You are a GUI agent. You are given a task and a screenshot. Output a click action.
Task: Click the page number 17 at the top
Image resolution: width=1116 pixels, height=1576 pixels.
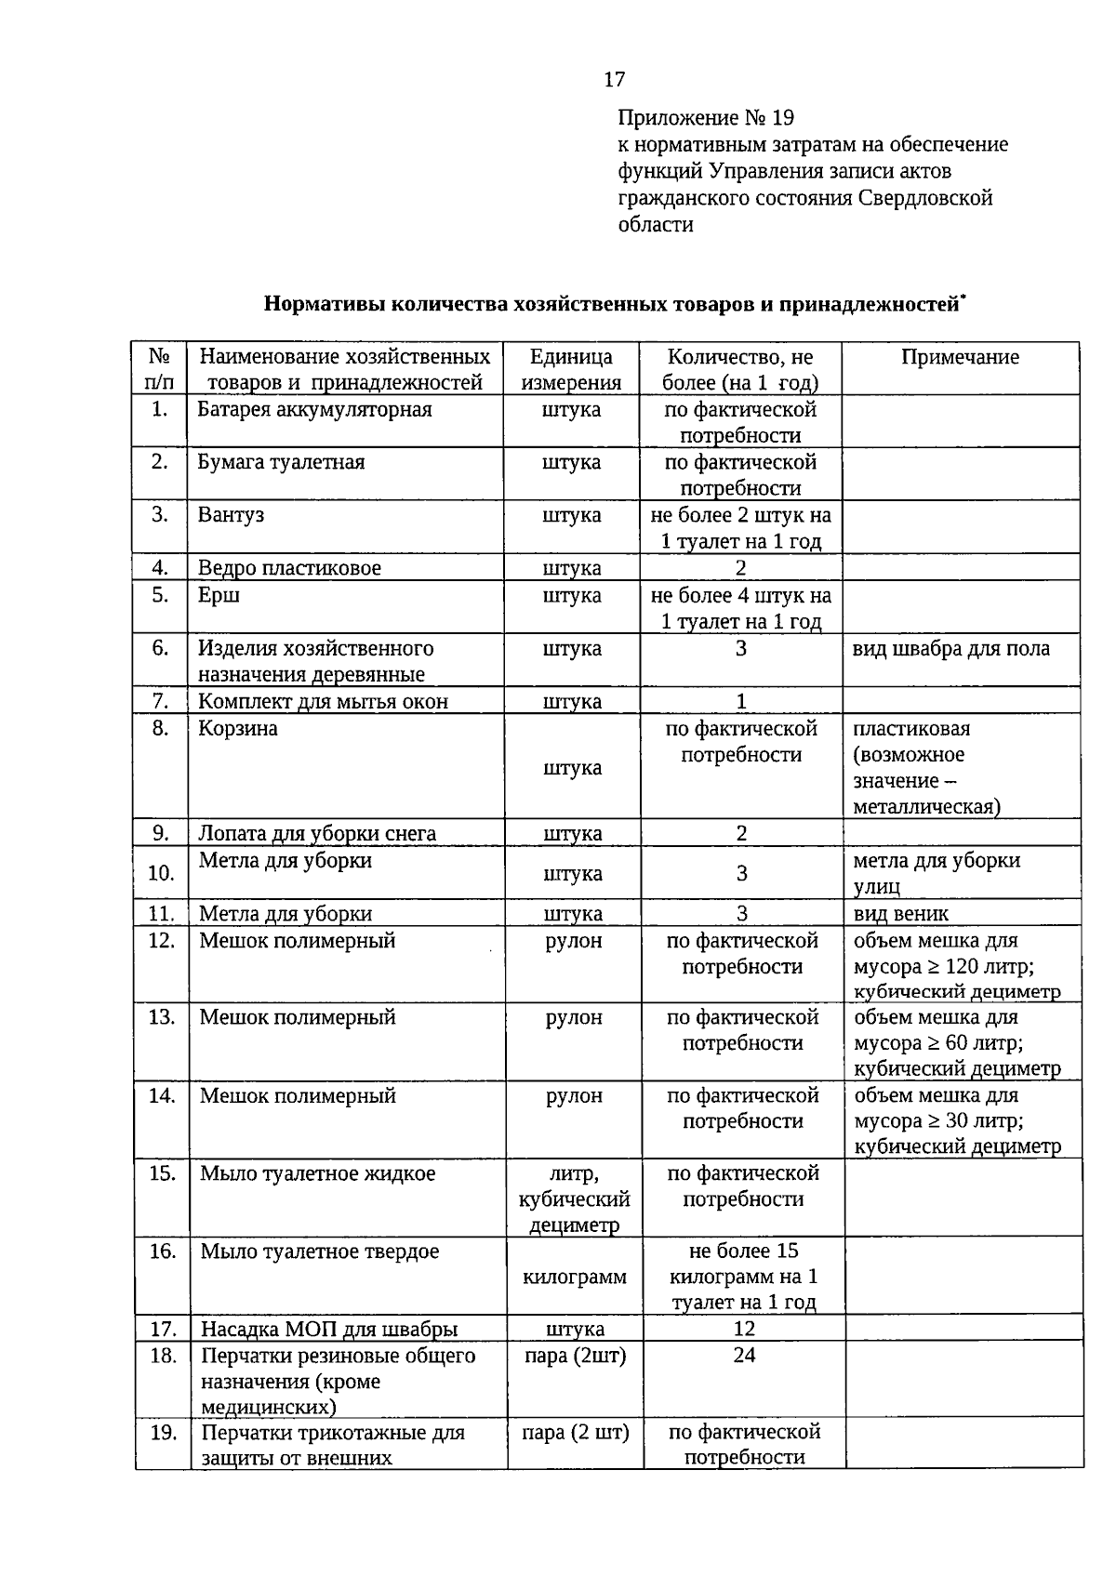pos(615,79)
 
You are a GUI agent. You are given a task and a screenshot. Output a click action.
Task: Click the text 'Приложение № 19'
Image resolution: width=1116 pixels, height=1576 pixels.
pos(706,118)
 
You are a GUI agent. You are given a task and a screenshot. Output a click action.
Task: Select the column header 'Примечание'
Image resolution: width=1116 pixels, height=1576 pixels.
pos(960,358)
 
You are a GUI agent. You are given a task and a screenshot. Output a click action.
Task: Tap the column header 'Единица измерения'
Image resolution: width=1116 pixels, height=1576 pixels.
pos(571,370)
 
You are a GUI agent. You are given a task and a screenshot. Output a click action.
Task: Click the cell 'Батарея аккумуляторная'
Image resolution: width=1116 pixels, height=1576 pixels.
pos(315,410)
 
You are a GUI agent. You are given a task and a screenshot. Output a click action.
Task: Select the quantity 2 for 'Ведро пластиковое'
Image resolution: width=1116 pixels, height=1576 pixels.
pos(740,568)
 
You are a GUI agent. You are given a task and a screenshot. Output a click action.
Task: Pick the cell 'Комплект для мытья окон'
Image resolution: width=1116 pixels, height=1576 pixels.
pos(323,702)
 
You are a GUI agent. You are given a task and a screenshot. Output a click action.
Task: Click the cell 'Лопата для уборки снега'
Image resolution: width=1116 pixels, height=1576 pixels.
pos(317,834)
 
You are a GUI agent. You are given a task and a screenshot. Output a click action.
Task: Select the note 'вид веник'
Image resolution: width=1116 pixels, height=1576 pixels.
pos(900,914)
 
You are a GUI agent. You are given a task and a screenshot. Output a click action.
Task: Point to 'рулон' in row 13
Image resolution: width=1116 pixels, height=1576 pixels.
pos(574,1018)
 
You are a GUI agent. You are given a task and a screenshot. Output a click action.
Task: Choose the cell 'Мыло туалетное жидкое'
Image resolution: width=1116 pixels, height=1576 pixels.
pos(318,1174)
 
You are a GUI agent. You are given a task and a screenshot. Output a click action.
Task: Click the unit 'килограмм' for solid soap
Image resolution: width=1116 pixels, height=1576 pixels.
pos(575,1278)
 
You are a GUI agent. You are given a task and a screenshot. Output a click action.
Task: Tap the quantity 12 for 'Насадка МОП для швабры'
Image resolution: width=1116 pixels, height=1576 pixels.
pos(743,1330)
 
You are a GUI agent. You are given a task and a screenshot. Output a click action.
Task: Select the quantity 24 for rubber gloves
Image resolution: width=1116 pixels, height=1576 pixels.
pos(743,1356)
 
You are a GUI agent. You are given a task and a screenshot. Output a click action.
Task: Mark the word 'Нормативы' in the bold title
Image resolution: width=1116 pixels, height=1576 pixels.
pos(323,305)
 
